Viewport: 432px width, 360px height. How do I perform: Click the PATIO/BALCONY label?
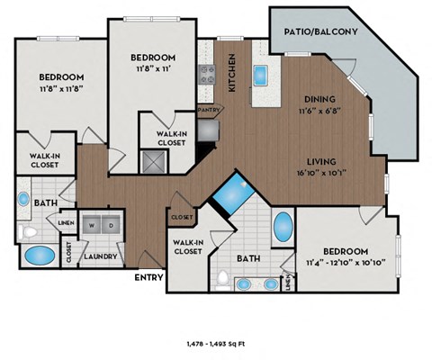coord(321,31)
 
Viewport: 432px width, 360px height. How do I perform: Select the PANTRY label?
coord(209,109)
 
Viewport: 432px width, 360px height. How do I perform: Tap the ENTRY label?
coord(148,277)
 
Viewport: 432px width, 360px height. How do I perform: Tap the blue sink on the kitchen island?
coord(261,74)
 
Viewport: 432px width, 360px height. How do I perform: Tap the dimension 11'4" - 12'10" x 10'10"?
coord(343,262)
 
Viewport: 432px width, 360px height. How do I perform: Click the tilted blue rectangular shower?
coord(235,192)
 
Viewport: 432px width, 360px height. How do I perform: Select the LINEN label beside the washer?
coord(66,222)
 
